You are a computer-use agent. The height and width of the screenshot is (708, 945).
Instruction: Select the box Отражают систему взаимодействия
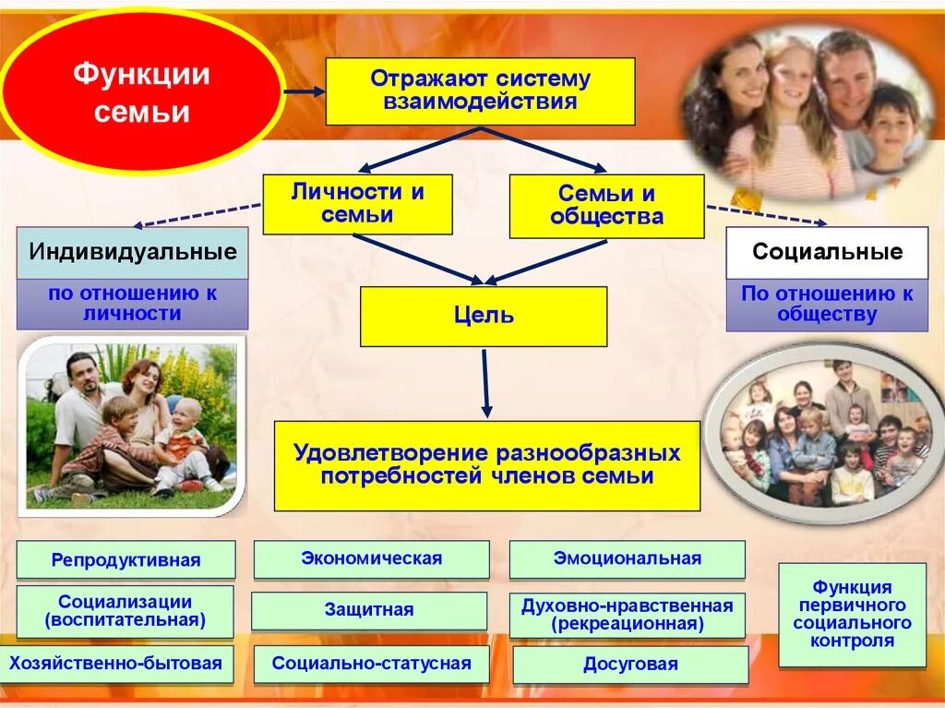[480, 90]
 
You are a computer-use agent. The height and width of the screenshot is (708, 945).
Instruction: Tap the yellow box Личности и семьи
[358, 204]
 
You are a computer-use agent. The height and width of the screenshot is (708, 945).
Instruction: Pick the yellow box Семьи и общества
[606, 206]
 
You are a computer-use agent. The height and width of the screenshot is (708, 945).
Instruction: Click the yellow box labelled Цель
[484, 316]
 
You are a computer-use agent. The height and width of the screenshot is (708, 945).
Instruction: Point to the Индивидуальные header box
[132, 252]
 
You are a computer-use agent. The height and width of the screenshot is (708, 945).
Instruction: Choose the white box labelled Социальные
[827, 252]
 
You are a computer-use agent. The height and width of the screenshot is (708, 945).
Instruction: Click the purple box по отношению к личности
[132, 304]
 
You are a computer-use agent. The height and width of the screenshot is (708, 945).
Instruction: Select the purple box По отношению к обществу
[827, 305]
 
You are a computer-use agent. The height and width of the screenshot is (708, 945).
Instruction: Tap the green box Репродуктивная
[126, 559]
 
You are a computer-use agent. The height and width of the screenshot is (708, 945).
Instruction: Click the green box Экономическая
[371, 558]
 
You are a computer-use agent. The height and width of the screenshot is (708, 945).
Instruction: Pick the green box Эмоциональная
[627, 558]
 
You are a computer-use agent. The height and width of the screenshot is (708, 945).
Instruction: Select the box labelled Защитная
[369, 610]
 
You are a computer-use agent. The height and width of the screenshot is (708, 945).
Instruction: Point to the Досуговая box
[630, 665]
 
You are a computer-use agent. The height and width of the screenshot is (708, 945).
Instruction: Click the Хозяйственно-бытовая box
[116, 663]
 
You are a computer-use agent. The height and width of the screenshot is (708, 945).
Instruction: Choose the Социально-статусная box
[371, 664]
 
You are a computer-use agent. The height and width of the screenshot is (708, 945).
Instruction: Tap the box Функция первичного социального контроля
[852, 614]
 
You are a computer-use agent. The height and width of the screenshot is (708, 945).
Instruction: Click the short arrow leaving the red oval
[304, 91]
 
